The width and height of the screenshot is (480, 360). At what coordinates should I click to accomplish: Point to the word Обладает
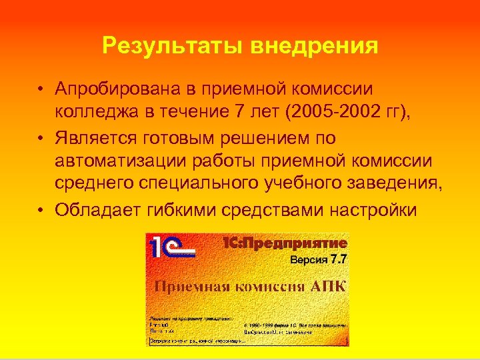coord(93,210)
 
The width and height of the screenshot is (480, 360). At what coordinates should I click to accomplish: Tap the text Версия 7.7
coord(318,259)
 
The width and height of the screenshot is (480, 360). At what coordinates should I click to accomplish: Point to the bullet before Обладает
coord(42,210)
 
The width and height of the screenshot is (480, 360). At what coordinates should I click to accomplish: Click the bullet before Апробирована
coord(42,89)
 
